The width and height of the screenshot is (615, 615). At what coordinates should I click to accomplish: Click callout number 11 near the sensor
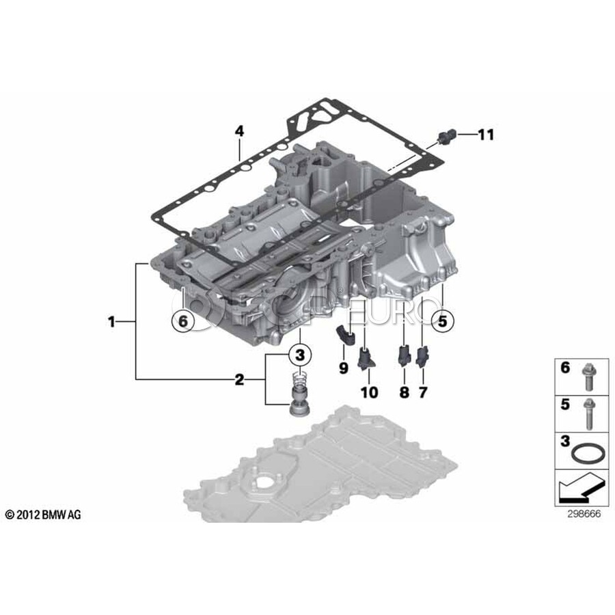pyautogui.click(x=486, y=135)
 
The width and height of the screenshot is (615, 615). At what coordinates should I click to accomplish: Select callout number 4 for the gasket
pyautogui.click(x=239, y=131)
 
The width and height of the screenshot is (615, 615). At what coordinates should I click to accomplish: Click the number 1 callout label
pyautogui.click(x=112, y=322)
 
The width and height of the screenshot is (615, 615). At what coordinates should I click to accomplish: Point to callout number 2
pyautogui.click(x=239, y=380)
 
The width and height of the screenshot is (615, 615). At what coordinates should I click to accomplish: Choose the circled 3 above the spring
pyautogui.click(x=300, y=355)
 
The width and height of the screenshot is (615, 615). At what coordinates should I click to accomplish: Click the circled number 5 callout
pyautogui.click(x=442, y=321)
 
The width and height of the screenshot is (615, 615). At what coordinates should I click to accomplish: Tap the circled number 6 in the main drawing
pyautogui.click(x=183, y=321)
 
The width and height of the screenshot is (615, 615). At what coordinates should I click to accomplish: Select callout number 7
pyautogui.click(x=423, y=392)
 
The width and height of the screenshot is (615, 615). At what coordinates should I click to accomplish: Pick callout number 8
pyautogui.click(x=405, y=392)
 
